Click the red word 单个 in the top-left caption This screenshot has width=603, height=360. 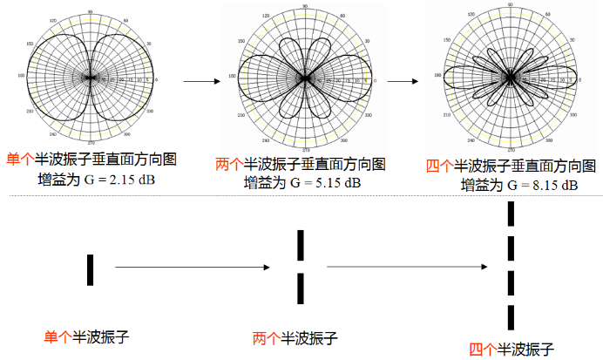[x=20, y=159]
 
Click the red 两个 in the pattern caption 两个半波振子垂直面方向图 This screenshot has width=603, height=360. [x=229, y=165]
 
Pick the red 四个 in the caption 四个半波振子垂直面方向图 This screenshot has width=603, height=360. [x=439, y=166]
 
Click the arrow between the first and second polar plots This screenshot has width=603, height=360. [x=200, y=82]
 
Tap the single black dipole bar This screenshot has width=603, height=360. [x=90, y=269]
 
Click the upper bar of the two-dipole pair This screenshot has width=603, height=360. [x=301, y=245]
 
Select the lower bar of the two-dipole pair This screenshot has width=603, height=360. [x=301, y=287]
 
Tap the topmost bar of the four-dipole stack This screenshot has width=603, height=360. [x=512, y=214]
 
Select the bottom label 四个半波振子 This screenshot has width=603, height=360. [x=512, y=350]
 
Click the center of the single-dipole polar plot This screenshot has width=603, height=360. [x=90, y=78]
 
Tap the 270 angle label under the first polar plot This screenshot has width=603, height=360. [x=90, y=142]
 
